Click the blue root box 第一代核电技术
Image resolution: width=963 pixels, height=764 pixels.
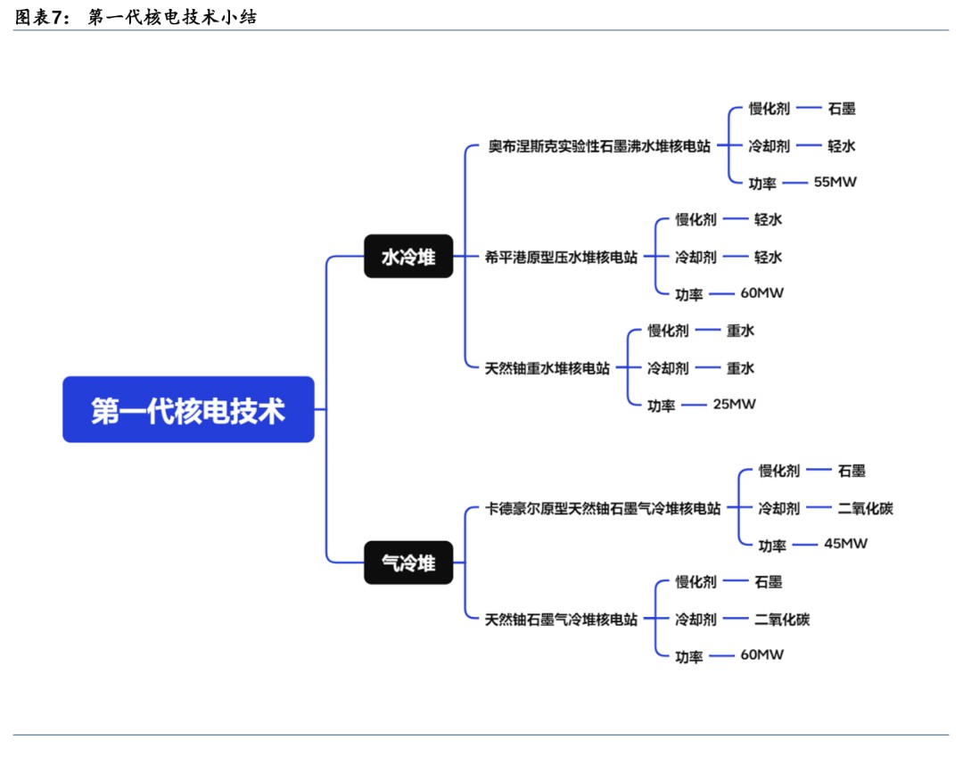(x=188, y=409)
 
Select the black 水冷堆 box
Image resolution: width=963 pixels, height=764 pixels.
(x=408, y=257)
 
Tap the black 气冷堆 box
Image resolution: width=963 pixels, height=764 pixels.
(x=408, y=563)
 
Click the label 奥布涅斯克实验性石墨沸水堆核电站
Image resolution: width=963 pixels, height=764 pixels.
(x=599, y=146)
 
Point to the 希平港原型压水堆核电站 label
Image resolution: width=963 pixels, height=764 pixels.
(x=561, y=257)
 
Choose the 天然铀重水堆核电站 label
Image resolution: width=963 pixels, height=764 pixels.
(x=547, y=367)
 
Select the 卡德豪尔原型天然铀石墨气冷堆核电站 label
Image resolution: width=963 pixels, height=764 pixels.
(x=603, y=508)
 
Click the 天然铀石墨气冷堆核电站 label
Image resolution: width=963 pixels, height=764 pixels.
(x=561, y=619)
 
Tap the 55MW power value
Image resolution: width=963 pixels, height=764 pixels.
(x=835, y=182)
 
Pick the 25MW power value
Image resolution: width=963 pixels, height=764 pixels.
(x=734, y=404)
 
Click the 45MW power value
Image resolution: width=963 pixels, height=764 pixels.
(x=845, y=543)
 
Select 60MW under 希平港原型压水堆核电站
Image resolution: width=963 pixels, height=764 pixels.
(x=761, y=292)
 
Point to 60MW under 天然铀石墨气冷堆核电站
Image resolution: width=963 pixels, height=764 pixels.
(x=761, y=654)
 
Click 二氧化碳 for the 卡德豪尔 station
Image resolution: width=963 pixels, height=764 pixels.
(x=865, y=508)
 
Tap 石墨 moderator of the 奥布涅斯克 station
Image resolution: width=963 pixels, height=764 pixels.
(x=841, y=109)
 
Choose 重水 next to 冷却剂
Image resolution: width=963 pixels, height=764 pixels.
(x=740, y=367)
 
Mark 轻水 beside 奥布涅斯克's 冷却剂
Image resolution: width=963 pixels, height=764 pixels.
(x=841, y=146)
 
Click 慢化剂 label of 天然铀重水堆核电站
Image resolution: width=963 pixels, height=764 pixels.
(x=668, y=331)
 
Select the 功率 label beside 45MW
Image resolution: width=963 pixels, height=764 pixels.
(x=772, y=545)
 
